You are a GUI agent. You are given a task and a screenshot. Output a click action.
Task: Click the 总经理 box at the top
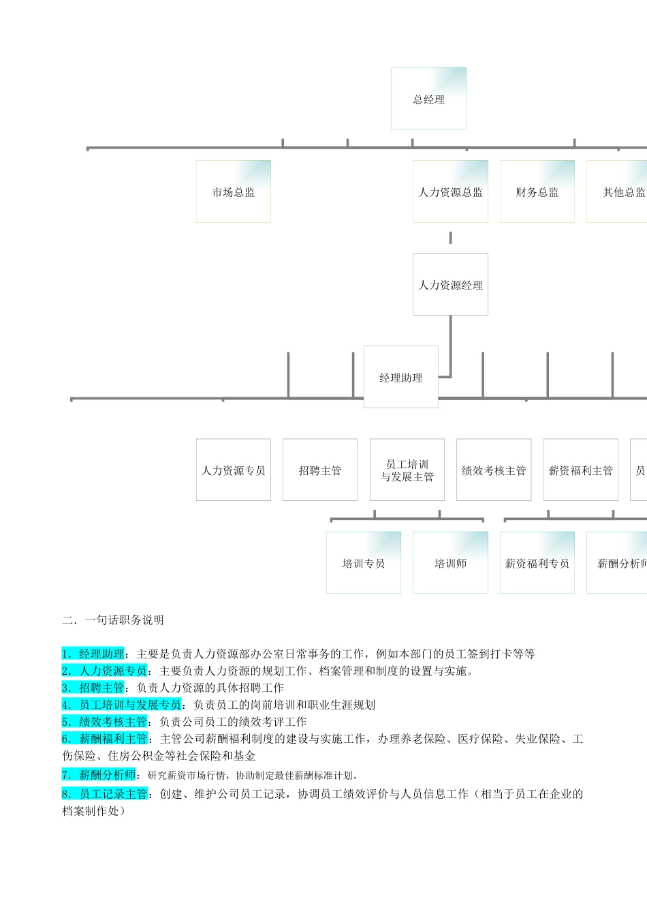point(428,99)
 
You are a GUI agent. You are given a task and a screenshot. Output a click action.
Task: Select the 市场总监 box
point(234,192)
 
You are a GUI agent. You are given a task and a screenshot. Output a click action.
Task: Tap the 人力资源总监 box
point(450,192)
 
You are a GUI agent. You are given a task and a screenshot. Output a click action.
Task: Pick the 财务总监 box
point(537,192)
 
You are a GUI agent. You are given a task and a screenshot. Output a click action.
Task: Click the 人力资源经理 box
point(450,284)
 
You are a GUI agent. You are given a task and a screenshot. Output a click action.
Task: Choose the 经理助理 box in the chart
point(400,377)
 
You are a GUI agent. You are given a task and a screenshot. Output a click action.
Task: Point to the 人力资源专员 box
point(234,470)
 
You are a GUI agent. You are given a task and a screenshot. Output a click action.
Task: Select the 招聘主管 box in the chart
point(320,470)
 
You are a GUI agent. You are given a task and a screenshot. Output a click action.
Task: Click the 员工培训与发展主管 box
point(407,470)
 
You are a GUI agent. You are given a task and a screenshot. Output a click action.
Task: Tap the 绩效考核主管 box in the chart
point(494,470)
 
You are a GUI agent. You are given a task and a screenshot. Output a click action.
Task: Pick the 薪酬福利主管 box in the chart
point(581,470)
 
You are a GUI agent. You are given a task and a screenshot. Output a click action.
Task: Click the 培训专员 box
point(364,563)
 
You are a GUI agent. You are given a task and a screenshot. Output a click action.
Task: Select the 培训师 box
point(450,563)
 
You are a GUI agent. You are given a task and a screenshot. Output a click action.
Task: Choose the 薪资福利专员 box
point(537,563)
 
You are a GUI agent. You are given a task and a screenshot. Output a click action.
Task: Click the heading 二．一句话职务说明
point(113,620)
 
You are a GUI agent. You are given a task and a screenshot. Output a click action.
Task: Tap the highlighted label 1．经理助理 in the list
point(93,654)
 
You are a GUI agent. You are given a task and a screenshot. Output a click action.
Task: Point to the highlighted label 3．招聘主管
point(93,688)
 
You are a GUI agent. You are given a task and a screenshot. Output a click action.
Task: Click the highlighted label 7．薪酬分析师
point(99,775)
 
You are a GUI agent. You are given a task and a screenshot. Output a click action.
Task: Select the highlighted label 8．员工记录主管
point(105,794)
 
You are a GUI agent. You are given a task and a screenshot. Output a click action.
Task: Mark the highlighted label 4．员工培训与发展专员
point(122,705)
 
